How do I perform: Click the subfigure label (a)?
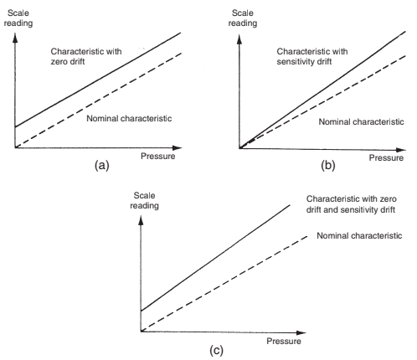(102, 166)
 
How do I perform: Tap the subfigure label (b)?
(327, 166)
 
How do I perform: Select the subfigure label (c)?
(216, 350)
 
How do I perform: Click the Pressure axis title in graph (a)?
(157, 156)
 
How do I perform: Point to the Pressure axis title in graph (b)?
(386, 157)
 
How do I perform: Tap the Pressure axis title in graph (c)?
(284, 341)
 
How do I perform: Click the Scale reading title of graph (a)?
(18, 18)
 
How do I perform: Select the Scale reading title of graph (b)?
(243, 18)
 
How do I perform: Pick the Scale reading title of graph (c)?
(144, 201)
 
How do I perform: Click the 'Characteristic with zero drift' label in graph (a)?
(86, 56)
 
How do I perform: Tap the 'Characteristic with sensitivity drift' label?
(312, 56)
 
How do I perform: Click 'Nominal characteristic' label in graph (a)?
(129, 118)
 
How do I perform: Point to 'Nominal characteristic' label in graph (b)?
(361, 121)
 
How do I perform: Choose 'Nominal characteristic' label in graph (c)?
(359, 235)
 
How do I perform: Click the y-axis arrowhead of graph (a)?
(15, 38)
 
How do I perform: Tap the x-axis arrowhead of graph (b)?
(401, 150)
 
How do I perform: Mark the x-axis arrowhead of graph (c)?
(301, 332)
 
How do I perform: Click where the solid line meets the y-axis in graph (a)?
(15, 127)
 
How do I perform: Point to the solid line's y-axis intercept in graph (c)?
(142, 311)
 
